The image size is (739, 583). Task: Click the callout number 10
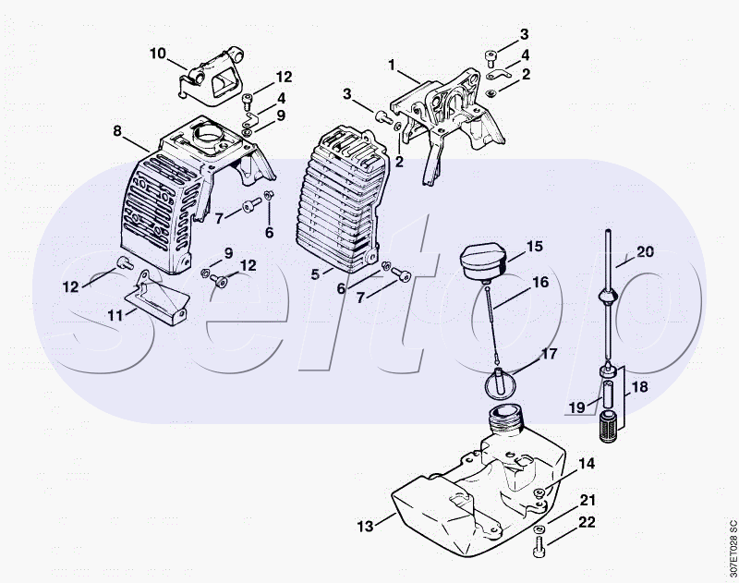click(158, 54)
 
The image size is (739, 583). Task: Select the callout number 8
click(117, 130)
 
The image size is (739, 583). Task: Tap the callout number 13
click(365, 526)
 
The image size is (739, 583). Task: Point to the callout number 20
click(645, 251)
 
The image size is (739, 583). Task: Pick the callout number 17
click(549, 354)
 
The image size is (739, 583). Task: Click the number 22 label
click(587, 522)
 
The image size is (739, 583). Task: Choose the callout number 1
click(391, 65)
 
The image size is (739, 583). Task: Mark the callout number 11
click(115, 315)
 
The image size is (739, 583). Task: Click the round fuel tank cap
click(482, 261)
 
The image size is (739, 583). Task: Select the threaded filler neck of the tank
click(505, 418)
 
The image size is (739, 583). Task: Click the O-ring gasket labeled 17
click(500, 383)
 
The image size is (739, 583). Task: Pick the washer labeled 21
click(539, 529)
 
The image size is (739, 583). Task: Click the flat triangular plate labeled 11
click(157, 297)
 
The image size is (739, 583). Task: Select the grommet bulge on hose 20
click(608, 298)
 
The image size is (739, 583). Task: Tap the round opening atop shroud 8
click(206, 136)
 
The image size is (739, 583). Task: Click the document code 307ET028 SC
click(732, 549)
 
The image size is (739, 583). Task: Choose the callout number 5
click(315, 273)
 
